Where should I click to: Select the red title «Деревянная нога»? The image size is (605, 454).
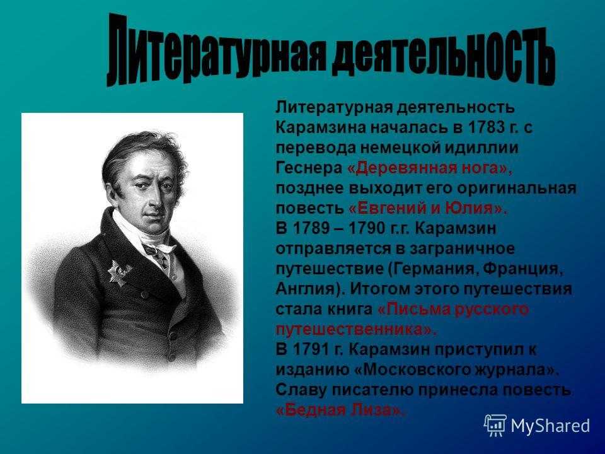pyautogui.click(x=429, y=168)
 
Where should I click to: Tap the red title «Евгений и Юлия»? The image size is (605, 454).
pyautogui.click(x=428, y=209)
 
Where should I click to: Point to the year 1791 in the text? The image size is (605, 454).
pyautogui.click(x=311, y=349)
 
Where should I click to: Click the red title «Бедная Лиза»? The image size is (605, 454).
pyautogui.click(x=340, y=410)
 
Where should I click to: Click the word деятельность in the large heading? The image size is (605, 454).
pyautogui.click(x=443, y=55)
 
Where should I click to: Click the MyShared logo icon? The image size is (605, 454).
pyautogui.click(x=495, y=426)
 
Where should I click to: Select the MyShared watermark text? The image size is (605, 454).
pyautogui.click(x=550, y=426)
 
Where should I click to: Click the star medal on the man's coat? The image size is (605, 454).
pyautogui.click(x=119, y=272)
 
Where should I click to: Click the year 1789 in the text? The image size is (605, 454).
pyautogui.click(x=311, y=228)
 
